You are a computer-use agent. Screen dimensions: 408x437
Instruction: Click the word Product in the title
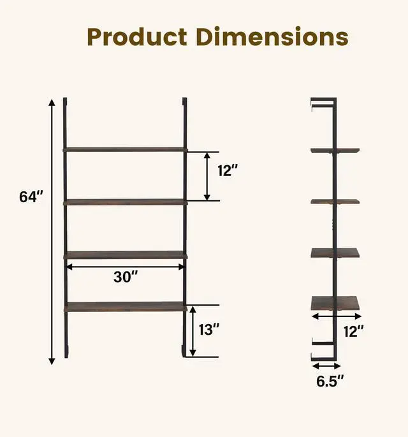point(137,37)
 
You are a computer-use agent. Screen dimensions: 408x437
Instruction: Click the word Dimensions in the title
point(272,36)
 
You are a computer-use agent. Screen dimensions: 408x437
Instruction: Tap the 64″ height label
point(31,196)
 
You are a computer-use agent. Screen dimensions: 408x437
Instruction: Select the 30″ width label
point(126,277)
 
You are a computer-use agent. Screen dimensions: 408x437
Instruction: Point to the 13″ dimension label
point(209,329)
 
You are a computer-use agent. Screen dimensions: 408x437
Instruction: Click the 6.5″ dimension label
point(330,381)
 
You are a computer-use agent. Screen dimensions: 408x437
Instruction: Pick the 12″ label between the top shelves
point(228,170)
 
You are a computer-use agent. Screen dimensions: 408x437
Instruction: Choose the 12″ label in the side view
point(353,331)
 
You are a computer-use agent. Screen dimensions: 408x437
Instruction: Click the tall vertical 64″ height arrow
point(52,232)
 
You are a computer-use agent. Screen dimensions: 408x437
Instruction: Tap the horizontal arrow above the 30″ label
point(126,267)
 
